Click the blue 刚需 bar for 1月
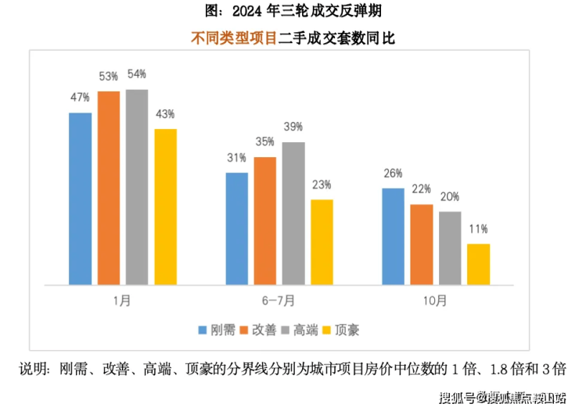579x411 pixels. click(80, 198)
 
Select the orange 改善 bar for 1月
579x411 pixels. click(109, 188)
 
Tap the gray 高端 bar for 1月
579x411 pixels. click(137, 187)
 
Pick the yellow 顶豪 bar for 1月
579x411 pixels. click(166, 206)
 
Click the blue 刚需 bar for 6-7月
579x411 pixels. click(237, 228)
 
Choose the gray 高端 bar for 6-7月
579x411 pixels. click(293, 213)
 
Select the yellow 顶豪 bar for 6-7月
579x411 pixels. click(322, 241)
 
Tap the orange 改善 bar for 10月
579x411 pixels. click(422, 244)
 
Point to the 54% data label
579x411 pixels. click(137, 73)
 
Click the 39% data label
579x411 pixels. click(293, 127)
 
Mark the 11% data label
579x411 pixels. click(478, 229)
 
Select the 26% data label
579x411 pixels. click(394, 173)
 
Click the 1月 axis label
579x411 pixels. click(123, 299)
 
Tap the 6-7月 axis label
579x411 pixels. click(279, 299)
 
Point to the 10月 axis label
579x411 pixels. click(436, 299)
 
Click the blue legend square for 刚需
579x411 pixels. click(202, 330)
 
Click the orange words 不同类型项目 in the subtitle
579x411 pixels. click(234, 37)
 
